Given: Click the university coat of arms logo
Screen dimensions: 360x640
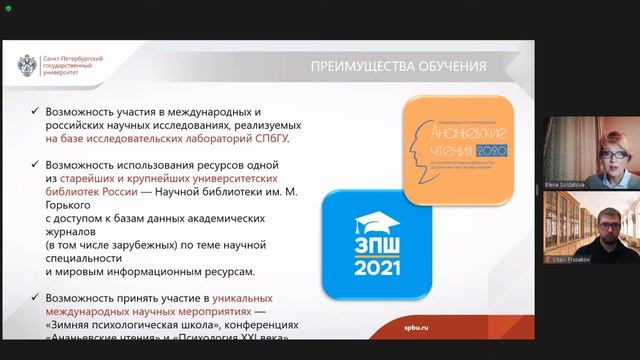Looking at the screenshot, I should pos(28,68).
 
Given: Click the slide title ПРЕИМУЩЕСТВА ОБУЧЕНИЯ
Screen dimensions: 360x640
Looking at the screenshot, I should pos(398,67).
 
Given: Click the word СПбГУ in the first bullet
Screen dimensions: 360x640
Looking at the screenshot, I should pos(272,140).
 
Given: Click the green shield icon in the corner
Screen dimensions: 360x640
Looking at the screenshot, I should pos(6,6).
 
